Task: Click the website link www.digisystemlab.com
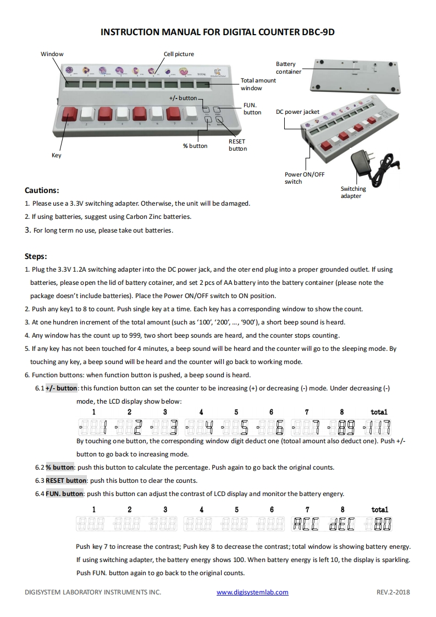252,592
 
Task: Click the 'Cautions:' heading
42,190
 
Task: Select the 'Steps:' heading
36,256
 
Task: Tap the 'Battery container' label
288,68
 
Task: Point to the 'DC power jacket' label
297,112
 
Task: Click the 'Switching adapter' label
353,192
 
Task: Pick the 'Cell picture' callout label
179,54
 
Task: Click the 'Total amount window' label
258,84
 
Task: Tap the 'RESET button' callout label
238,145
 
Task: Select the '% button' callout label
195,146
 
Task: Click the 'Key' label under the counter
57,156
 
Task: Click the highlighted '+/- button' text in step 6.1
61,388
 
